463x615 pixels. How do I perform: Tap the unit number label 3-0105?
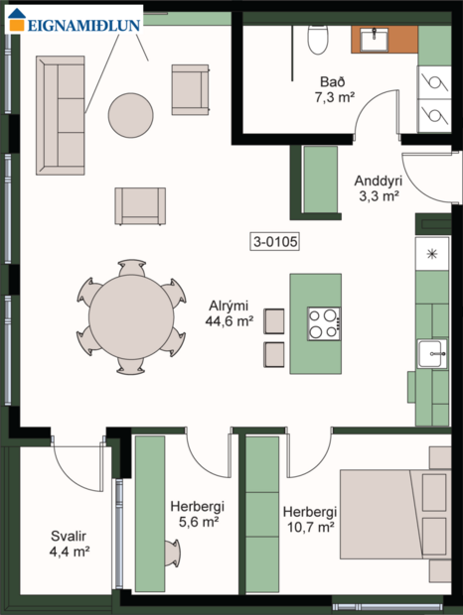(x=275, y=240)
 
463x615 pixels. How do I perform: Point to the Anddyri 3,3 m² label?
(x=377, y=187)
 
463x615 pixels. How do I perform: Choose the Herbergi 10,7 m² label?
(x=310, y=519)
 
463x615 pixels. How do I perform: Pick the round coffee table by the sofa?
(x=131, y=115)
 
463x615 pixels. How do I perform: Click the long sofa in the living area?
(x=60, y=114)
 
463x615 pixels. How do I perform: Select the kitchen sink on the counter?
(x=432, y=352)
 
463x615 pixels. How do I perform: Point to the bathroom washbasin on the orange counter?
(x=375, y=40)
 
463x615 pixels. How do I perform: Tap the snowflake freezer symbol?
(x=432, y=254)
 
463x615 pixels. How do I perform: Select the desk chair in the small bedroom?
(x=172, y=552)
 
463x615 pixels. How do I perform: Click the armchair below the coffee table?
(x=140, y=205)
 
